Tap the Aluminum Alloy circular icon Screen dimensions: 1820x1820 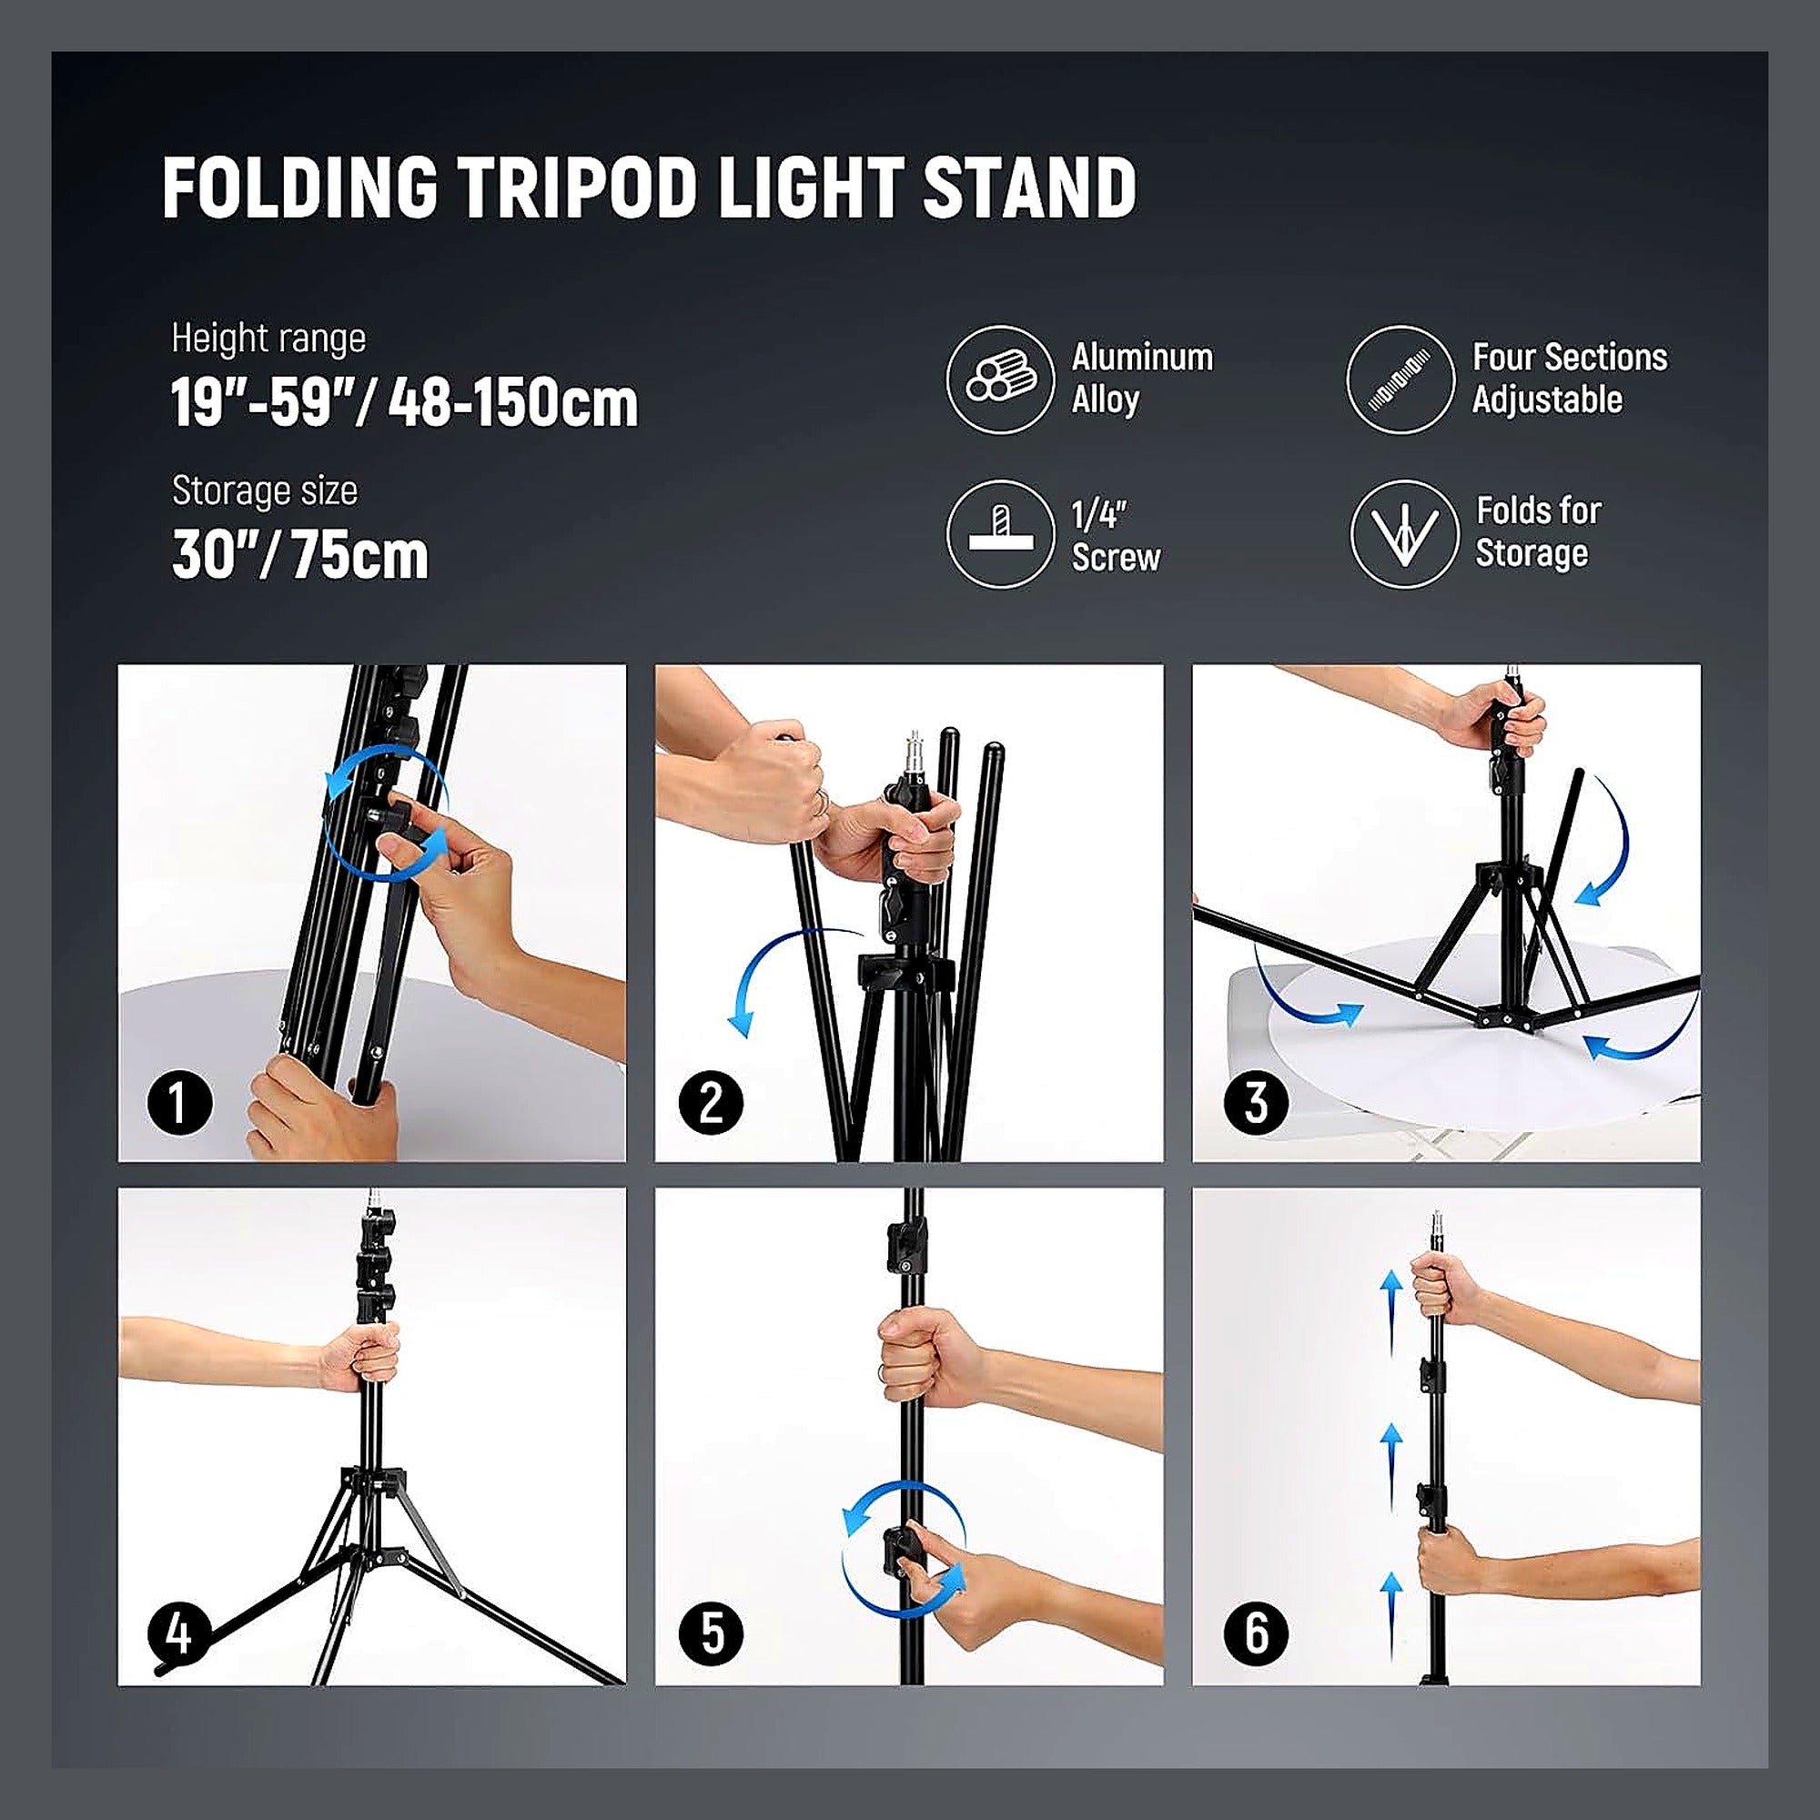[999, 379]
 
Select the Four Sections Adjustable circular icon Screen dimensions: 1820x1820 [1400, 379]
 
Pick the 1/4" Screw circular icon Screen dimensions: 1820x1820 [999, 534]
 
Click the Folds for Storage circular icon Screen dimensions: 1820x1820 [1404, 534]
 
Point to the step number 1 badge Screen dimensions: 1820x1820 [180, 1102]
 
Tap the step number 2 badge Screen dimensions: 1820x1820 [712, 1102]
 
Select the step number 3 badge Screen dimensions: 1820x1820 [1256, 1102]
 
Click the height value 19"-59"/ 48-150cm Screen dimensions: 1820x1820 [404, 403]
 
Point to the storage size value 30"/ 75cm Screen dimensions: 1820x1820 [299, 555]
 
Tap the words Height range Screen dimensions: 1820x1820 [268, 339]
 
